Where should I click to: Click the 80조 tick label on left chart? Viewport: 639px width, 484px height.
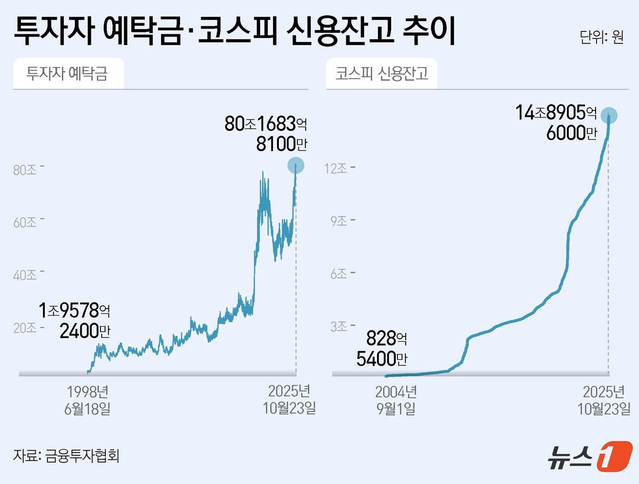click(x=25, y=170)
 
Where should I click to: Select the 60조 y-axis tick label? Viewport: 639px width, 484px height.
click(x=25, y=223)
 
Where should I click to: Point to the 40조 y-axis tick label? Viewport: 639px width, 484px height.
click(x=25, y=275)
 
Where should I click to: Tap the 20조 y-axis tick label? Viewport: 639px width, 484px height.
click(x=25, y=328)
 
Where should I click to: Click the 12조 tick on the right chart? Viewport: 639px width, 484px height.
click(x=336, y=169)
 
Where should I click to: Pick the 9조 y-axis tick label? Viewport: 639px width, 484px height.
click(x=339, y=221)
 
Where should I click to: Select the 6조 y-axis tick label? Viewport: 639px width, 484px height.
click(x=339, y=274)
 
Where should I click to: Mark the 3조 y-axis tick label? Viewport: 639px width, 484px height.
click(x=339, y=327)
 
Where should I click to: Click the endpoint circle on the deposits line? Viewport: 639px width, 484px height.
click(x=296, y=166)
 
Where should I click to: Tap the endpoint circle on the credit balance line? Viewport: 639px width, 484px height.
click(x=609, y=115)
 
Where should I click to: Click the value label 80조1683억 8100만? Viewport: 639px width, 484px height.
click(x=266, y=134)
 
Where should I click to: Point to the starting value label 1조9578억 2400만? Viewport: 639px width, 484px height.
click(x=75, y=321)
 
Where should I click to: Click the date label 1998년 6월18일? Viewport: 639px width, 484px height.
click(x=87, y=400)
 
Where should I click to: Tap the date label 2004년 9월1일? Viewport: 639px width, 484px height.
click(x=396, y=400)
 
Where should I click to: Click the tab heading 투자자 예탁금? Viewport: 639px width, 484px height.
click(x=68, y=73)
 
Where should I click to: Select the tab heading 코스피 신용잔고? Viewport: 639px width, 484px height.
click(x=382, y=73)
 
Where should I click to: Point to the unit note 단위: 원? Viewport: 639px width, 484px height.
click(x=602, y=36)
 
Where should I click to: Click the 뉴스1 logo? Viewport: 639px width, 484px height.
click(x=590, y=456)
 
